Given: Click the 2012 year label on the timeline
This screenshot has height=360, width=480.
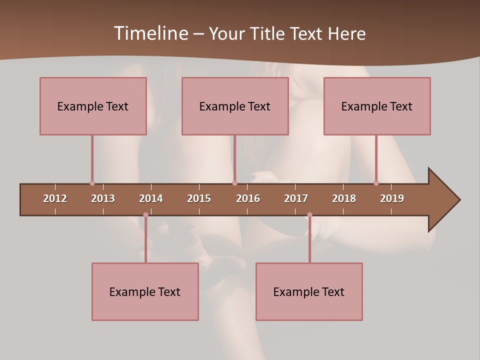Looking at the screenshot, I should point(55,198).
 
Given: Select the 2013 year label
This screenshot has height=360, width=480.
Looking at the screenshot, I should point(103,198).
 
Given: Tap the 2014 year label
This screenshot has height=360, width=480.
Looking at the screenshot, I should point(151,198).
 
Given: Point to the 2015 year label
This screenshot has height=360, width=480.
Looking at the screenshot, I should point(199,198).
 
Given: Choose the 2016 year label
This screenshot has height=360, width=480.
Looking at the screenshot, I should point(248,198).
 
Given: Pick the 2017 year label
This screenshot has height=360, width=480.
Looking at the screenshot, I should point(296,198).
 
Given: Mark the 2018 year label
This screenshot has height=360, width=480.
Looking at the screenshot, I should point(344,198).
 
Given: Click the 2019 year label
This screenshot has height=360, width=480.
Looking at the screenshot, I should point(392,198).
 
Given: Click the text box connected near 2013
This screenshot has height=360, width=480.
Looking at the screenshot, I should point(93,106).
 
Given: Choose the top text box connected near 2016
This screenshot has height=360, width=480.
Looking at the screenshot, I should point(235,106).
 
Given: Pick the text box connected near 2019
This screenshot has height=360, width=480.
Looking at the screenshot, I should point(377,106).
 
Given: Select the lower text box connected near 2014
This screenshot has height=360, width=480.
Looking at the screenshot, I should point(145,291).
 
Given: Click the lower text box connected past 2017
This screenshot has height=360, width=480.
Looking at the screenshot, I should point(309,291).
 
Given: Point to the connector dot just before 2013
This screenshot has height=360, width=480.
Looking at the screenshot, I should point(92,183).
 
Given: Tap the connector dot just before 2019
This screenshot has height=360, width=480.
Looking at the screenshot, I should point(376,183).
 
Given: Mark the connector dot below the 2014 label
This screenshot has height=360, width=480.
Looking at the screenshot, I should point(145,215).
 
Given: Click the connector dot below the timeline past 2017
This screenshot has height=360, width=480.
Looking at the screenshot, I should point(309,215).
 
